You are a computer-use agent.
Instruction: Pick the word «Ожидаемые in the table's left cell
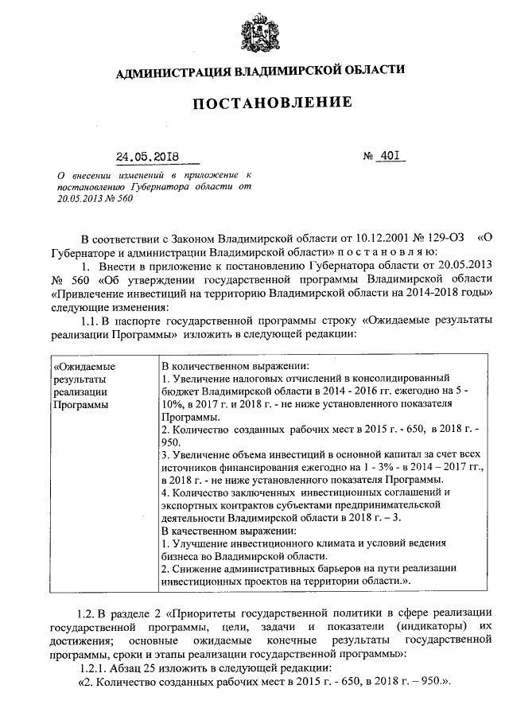[83, 367]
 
